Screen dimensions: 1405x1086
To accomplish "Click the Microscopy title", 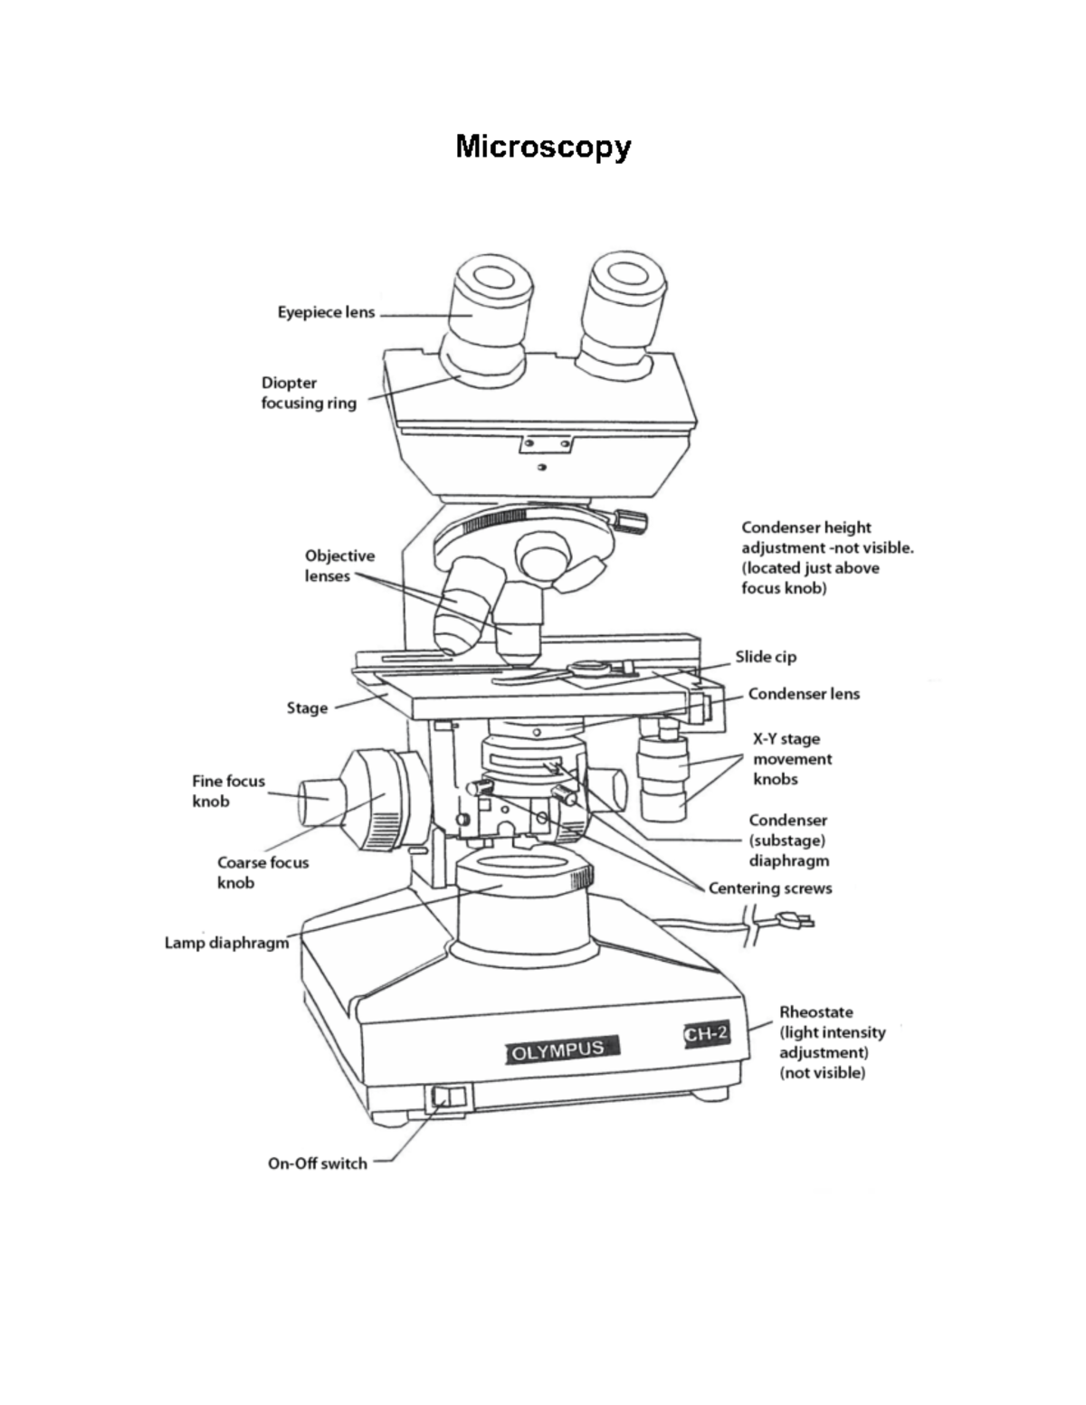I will pyautogui.click(x=543, y=146).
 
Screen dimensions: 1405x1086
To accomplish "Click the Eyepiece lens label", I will pyautogui.click(x=326, y=312).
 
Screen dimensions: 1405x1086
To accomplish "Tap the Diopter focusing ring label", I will pyautogui.click(x=309, y=393).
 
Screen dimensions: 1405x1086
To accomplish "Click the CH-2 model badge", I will pyautogui.click(x=706, y=1033).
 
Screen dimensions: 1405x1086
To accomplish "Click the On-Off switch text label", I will pyautogui.click(x=317, y=1163).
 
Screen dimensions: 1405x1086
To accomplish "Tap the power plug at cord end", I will pyautogui.click(x=794, y=922).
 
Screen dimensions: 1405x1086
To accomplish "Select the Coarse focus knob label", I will pyautogui.click(x=262, y=872).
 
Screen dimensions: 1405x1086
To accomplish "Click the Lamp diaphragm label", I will pyautogui.click(x=226, y=943).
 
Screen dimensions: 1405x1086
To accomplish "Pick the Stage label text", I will pyautogui.click(x=307, y=707).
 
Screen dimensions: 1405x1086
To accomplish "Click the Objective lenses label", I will pyautogui.click(x=338, y=565).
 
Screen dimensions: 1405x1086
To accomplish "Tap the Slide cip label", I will pyautogui.click(x=766, y=657).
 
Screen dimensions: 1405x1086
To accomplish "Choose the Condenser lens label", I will pyautogui.click(x=804, y=694).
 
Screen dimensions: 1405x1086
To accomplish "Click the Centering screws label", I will pyautogui.click(x=770, y=888).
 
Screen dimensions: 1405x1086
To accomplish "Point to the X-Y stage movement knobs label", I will pyautogui.click(x=792, y=758).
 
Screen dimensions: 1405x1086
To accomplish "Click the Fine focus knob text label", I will pyautogui.click(x=228, y=791).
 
